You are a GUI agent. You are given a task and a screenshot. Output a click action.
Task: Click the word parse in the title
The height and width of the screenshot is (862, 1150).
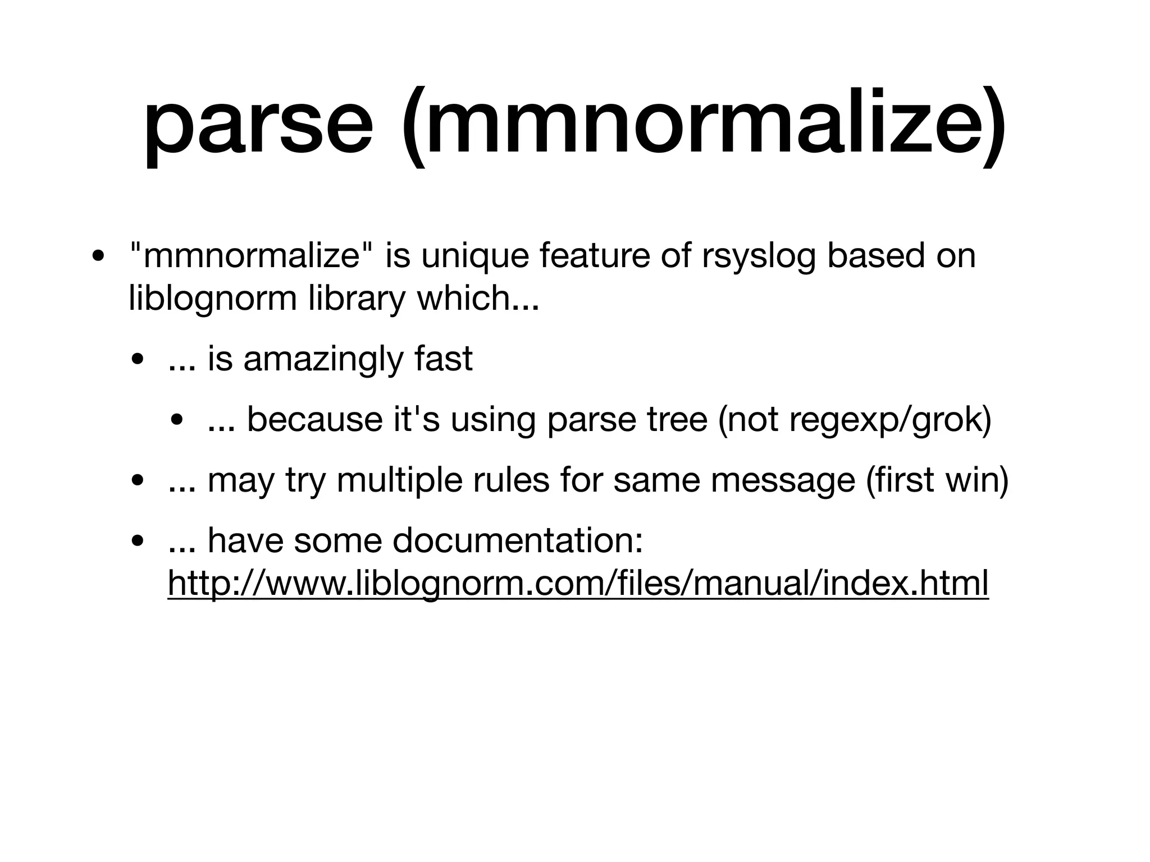(258, 125)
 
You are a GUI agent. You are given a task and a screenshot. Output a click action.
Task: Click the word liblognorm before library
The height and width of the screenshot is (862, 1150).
(212, 298)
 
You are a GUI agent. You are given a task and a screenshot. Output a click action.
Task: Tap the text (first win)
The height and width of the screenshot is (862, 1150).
(937, 480)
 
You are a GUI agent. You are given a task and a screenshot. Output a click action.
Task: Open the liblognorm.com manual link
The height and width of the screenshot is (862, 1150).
(578, 584)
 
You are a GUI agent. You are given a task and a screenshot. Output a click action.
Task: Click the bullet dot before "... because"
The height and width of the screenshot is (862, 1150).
(178, 421)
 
